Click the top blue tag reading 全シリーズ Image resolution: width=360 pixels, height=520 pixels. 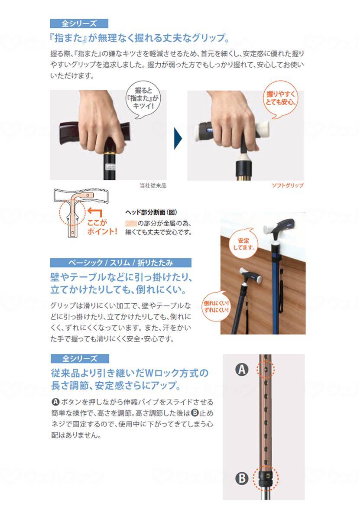tap(79, 23)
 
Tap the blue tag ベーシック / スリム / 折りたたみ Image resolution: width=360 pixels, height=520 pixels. tap(120, 263)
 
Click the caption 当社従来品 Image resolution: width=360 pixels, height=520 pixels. tap(153, 185)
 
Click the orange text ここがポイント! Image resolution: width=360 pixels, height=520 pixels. tap(102, 227)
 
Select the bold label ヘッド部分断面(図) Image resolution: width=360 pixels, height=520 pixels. tap(151, 212)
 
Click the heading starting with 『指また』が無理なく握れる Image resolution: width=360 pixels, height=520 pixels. tap(140, 38)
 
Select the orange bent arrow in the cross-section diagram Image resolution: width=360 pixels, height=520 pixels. tap(94, 212)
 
